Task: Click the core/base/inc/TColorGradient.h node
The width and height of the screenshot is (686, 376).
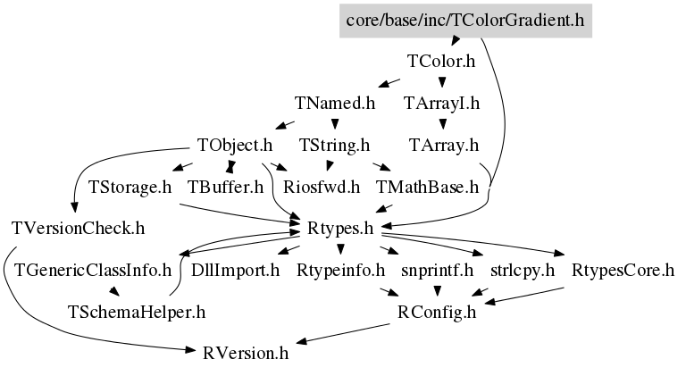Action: (x=464, y=20)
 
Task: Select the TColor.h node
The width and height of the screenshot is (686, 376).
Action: (x=440, y=62)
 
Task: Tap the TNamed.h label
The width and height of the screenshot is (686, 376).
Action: (x=334, y=103)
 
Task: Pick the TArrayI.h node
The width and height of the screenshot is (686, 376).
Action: (x=441, y=103)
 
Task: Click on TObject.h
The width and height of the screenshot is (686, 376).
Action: (x=235, y=145)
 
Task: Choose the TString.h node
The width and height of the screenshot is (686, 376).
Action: (x=334, y=145)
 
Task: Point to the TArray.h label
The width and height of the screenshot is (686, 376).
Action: (x=444, y=145)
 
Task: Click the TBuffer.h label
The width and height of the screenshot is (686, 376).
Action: (x=226, y=187)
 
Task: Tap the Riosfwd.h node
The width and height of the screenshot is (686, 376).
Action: (x=322, y=187)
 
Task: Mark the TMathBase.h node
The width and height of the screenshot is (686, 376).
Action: (x=428, y=187)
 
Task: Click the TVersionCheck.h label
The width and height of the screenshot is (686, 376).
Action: (x=79, y=228)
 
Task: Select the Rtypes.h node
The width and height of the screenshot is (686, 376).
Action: (x=339, y=228)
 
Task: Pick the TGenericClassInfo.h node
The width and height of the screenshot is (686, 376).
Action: (x=93, y=270)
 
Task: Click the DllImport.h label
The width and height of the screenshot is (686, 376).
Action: (x=236, y=270)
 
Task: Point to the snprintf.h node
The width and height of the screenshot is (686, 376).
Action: (x=436, y=270)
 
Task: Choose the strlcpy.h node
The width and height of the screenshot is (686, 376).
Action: (x=523, y=270)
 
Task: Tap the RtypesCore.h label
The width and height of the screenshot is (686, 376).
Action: (x=623, y=270)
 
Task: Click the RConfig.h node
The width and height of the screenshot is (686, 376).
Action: (x=438, y=312)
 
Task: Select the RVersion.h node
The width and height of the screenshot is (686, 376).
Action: (x=247, y=353)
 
